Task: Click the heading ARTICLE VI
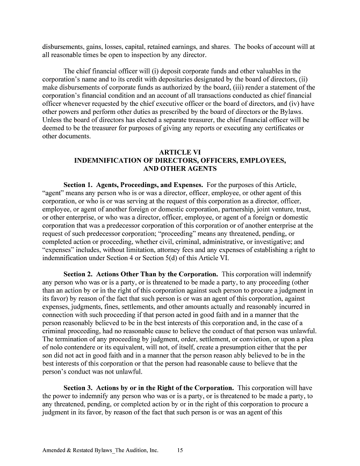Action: (180, 152)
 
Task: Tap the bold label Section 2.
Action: (80, 274)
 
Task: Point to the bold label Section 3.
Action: (80, 388)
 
